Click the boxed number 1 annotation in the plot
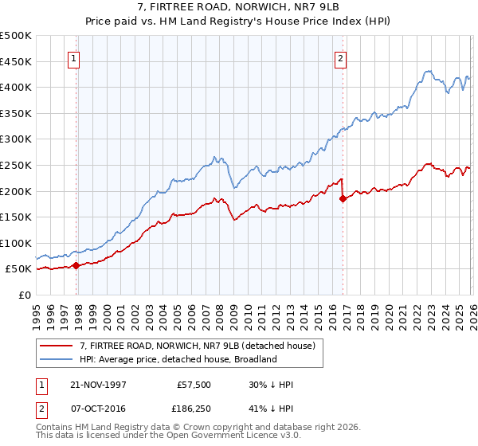tap(74, 57)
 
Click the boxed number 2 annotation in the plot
tap(340, 57)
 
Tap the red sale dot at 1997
tap(76, 265)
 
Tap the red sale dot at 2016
tap(343, 198)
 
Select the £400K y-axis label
tap(16, 87)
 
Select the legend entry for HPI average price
tap(177, 359)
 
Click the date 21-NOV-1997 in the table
tap(98, 385)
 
